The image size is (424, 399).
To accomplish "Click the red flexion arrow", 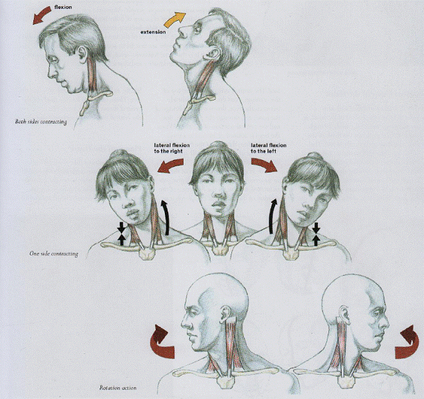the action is click(x=42, y=15).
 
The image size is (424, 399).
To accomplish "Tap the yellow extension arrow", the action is click(x=175, y=19).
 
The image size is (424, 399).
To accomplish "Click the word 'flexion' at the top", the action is click(x=63, y=8).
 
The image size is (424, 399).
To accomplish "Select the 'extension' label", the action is click(x=153, y=32).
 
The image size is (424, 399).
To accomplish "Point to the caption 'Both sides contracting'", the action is click(x=41, y=122).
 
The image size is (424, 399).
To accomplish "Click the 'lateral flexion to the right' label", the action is click(x=172, y=148).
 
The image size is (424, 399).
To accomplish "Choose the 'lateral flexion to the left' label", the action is click(x=269, y=148).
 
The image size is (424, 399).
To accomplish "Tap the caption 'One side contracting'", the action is click(x=54, y=254).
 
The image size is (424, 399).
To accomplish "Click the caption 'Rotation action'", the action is click(x=118, y=388).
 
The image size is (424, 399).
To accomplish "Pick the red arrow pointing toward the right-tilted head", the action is click(x=170, y=166).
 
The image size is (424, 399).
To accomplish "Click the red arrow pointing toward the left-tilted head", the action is click(x=264, y=165).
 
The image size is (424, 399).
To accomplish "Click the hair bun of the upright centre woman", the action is click(x=218, y=145).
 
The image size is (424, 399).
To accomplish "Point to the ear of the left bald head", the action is click(x=226, y=314).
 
